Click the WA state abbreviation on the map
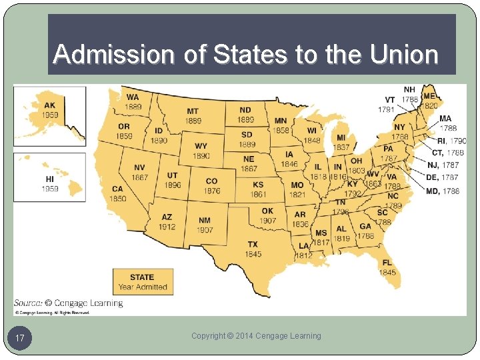[x=133, y=97]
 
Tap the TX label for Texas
[x=253, y=245]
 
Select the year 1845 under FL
[x=387, y=272]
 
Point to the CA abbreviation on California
[x=117, y=189]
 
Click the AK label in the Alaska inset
[x=50, y=105]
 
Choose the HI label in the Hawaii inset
[x=50, y=179]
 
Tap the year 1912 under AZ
[x=167, y=227]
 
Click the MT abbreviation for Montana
[x=193, y=111]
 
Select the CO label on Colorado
[x=211, y=181]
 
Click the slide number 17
[x=20, y=339]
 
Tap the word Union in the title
[x=406, y=54]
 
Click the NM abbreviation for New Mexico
[x=205, y=221]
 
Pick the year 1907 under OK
[x=268, y=221]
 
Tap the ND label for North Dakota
[x=245, y=110]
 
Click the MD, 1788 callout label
[x=442, y=191]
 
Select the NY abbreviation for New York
[x=399, y=127]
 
